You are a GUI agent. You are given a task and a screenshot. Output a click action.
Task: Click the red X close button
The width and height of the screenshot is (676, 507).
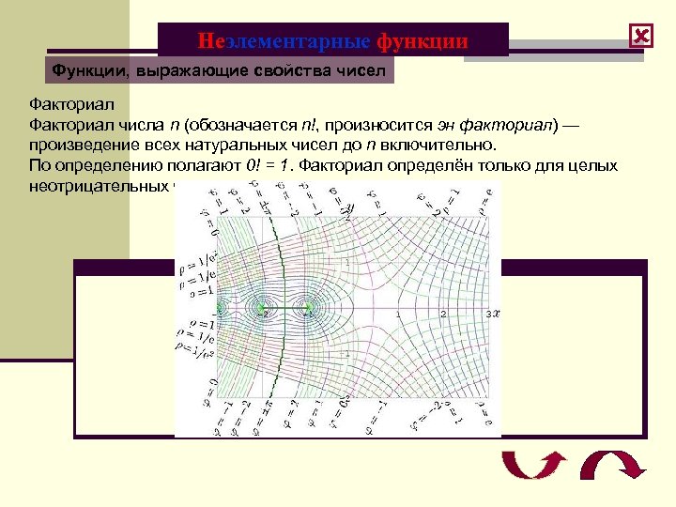pyautogui.click(x=641, y=37)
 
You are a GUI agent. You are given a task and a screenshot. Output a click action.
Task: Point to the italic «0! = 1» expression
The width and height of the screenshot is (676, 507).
pyautogui.click(x=270, y=165)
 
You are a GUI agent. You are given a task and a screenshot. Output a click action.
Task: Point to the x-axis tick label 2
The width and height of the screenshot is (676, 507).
pyautogui.click(x=443, y=314)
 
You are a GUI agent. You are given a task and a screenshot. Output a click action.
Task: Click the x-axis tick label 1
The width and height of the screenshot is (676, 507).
pyautogui.click(x=398, y=314)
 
